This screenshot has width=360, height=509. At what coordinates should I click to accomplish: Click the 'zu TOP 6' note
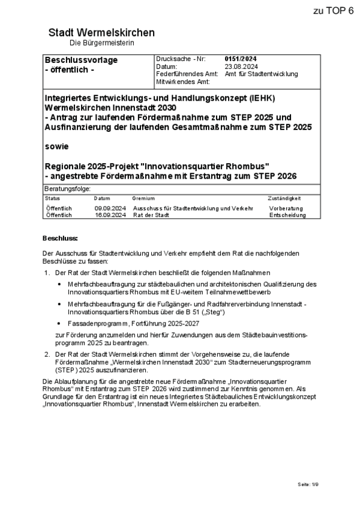pos(333,11)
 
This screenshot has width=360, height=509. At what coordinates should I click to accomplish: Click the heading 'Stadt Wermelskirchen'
pos(101,32)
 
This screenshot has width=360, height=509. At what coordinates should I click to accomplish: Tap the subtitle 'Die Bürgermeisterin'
pos(101,43)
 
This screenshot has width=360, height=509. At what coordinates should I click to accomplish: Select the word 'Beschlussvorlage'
pos(81,60)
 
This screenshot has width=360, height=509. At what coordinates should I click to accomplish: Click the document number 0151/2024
pos(241,59)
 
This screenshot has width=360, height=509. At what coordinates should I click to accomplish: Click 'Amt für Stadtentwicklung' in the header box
pos(261,74)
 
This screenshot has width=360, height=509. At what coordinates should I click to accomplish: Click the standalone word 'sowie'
pos(57,146)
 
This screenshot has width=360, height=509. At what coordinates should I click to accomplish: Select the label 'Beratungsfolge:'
pos(66,189)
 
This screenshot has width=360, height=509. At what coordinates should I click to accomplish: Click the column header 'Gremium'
pos(143,198)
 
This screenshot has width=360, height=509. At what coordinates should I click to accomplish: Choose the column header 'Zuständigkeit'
pos(284,198)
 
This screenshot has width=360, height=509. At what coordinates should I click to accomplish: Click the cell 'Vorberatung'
pos(286,208)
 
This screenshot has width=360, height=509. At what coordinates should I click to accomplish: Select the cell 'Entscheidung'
pos(287,215)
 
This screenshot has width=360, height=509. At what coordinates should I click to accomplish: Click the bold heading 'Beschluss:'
pos(60,238)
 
